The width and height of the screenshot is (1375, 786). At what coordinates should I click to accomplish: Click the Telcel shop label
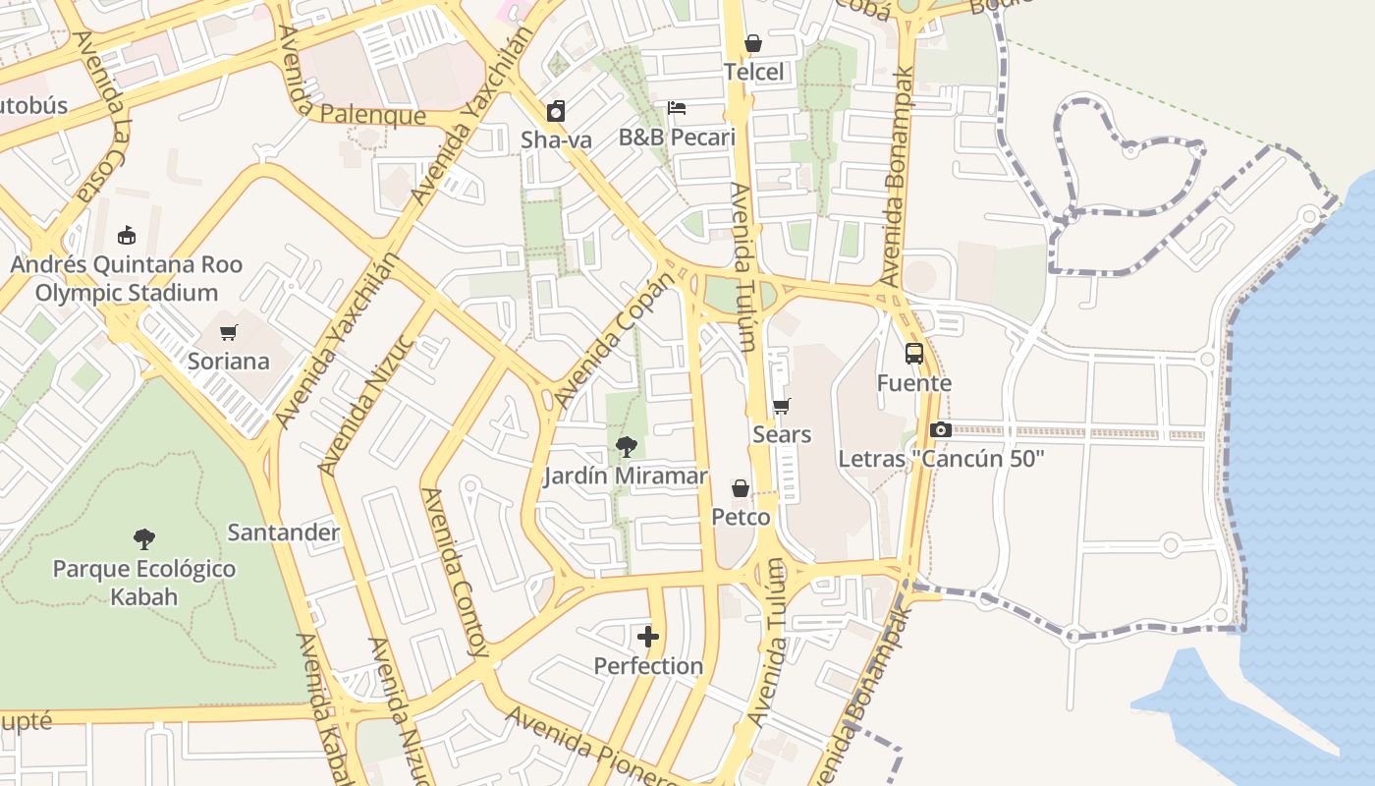tap(754, 72)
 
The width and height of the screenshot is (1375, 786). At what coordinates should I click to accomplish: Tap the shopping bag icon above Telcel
tap(753, 43)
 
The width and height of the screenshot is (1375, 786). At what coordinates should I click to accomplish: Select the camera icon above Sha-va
tap(556, 111)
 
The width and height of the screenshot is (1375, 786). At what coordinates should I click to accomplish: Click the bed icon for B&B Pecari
tap(677, 108)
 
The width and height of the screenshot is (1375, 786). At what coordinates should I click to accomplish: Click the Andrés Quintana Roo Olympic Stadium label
tap(126, 279)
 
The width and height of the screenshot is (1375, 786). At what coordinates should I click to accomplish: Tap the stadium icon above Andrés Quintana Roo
tap(126, 236)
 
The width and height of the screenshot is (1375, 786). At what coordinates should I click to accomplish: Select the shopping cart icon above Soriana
tap(229, 333)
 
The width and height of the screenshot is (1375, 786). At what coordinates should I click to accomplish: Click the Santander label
tap(283, 533)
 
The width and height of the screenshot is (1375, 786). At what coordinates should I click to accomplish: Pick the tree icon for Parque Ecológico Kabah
tap(144, 539)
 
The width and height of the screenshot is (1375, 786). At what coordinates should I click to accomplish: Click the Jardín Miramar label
tap(626, 477)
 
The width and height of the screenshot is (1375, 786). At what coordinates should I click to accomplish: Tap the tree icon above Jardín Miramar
tap(626, 448)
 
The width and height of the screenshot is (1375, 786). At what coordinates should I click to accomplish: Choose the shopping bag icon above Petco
tap(741, 488)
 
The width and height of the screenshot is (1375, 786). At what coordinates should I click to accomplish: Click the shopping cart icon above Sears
tap(782, 406)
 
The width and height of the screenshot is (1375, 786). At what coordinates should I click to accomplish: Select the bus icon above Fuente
tap(914, 354)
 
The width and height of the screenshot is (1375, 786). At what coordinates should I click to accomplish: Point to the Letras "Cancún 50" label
tap(941, 459)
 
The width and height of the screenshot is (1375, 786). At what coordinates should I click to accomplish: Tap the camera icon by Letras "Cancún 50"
tap(941, 429)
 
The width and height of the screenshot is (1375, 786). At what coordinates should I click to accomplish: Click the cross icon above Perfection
tap(648, 637)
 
